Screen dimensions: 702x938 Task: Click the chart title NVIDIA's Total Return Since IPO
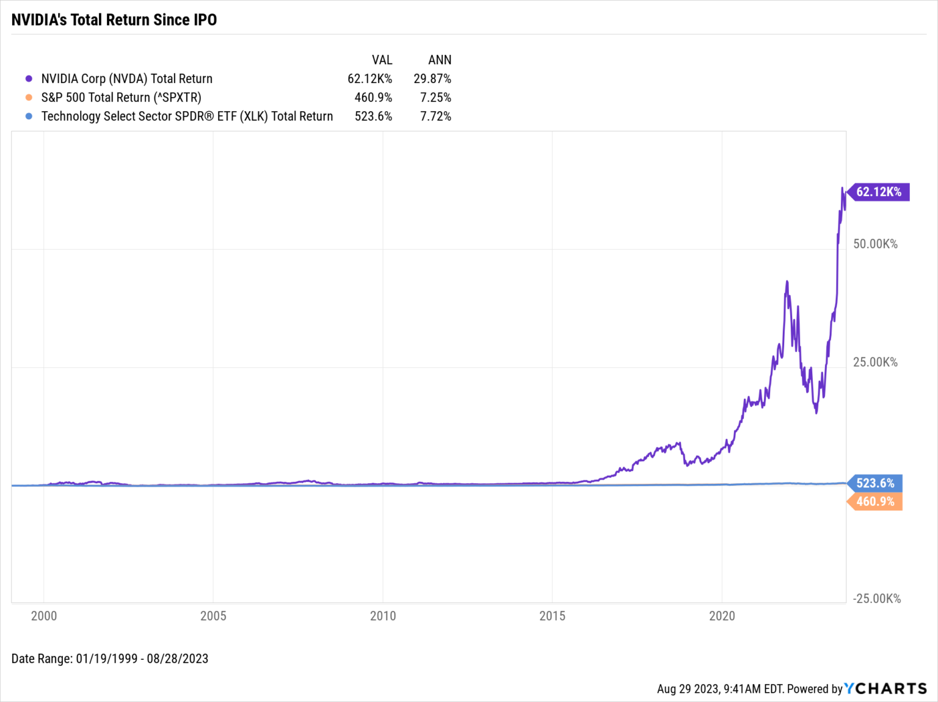click(114, 20)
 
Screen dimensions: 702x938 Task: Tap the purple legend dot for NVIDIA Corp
click(29, 79)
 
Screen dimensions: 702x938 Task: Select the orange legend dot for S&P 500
click(29, 98)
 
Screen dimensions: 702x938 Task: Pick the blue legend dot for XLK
click(29, 116)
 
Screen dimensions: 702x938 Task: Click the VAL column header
click(382, 60)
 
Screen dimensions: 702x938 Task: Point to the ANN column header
click(440, 60)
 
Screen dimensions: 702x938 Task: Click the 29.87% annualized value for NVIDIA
click(432, 79)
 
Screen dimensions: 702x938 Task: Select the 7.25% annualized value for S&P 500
click(435, 98)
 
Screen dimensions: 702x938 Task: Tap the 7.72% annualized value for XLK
click(435, 116)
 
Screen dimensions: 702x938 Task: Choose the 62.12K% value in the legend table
click(369, 79)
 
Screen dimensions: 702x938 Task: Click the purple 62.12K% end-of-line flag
click(879, 192)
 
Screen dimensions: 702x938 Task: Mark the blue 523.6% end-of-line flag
click(875, 483)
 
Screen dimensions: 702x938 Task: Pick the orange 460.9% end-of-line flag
click(875, 502)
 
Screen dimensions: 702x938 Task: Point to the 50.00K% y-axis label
click(875, 244)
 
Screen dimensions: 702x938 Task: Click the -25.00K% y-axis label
click(877, 599)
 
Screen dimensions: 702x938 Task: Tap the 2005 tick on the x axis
click(213, 616)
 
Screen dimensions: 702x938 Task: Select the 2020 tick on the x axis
click(722, 616)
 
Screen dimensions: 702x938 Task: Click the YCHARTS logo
click(885, 689)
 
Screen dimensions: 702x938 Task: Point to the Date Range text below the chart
click(110, 659)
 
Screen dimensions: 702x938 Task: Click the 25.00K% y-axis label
click(875, 362)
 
